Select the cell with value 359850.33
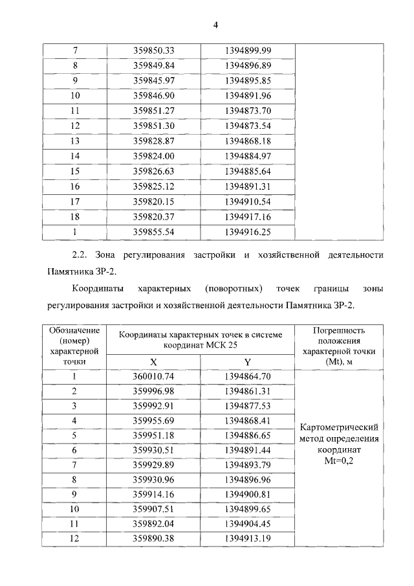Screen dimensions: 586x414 pyautogui.click(x=154, y=51)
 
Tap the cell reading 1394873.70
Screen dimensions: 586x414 pyautogui.click(x=248, y=110)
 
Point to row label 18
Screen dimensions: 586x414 pyautogui.click(x=75, y=216)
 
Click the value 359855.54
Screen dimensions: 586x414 pyautogui.click(x=154, y=231)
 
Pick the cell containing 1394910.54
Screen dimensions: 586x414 pyautogui.click(x=248, y=201)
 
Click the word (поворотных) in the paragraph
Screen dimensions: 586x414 pyautogui.click(x=231, y=288)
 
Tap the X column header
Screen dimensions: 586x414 pyautogui.click(x=153, y=362)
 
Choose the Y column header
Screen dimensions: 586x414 pyautogui.click(x=248, y=362)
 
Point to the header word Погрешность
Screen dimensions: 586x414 pyautogui.click(x=340, y=330)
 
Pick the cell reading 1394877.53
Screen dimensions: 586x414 pyautogui.click(x=248, y=406)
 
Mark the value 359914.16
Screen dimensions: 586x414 pyautogui.click(x=154, y=495)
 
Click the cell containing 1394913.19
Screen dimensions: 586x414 pyautogui.click(x=248, y=539)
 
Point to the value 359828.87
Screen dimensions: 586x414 pyautogui.click(x=154, y=141)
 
